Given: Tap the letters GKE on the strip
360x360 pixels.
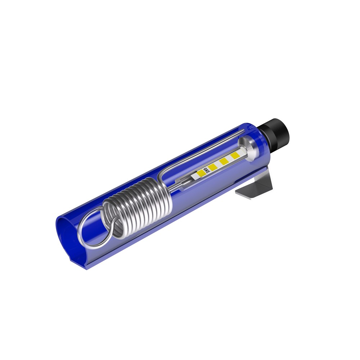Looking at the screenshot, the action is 205,172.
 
